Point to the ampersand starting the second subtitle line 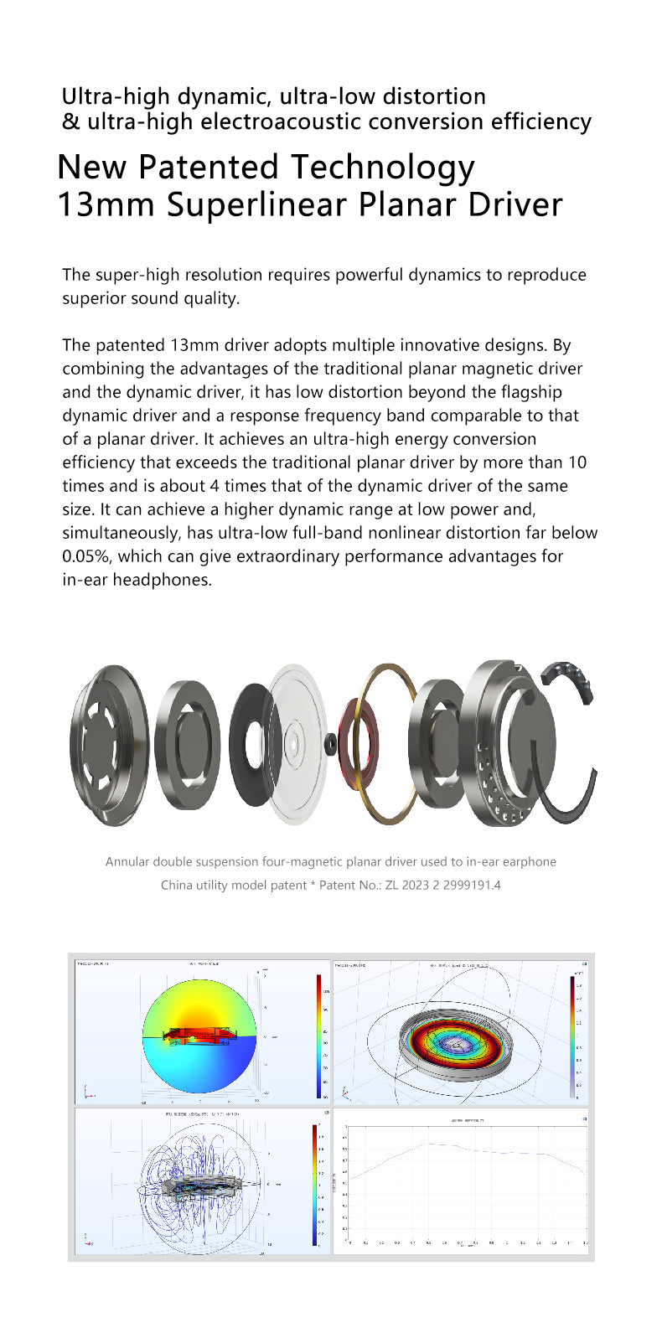[70, 122]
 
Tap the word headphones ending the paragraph [163, 580]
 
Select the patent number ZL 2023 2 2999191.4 [442, 885]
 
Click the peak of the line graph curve [427, 1144]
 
